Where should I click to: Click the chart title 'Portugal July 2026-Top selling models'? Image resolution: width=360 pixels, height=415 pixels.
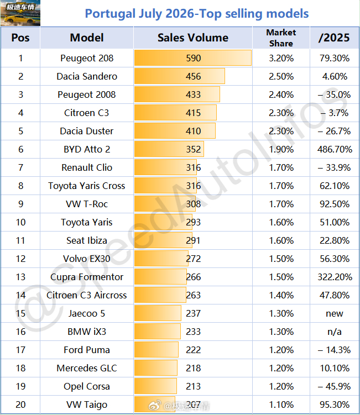196,13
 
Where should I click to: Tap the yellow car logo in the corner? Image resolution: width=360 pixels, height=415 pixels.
20,13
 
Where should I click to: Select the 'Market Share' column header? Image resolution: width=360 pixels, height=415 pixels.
281,38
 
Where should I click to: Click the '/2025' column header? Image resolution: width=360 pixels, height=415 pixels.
335,38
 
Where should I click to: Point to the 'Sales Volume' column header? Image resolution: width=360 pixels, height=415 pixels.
193,38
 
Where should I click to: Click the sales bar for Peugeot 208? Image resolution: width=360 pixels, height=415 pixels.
193,58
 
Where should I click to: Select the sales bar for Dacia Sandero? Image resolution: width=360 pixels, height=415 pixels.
180,76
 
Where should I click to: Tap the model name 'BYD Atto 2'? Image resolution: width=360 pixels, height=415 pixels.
87,149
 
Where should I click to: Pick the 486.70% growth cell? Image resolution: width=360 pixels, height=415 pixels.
335,149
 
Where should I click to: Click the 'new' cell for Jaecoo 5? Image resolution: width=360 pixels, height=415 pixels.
335,314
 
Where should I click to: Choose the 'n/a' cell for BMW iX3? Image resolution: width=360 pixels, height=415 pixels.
335,332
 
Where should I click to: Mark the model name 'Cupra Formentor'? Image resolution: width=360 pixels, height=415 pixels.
87,277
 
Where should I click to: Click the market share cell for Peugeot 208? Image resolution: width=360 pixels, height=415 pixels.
281,58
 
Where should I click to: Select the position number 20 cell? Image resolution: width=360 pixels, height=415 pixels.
20,405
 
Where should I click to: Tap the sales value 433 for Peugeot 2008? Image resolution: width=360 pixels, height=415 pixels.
194,94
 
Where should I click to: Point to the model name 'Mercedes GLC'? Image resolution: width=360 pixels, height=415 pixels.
87,368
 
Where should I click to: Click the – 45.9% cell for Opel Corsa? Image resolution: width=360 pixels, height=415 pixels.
335,386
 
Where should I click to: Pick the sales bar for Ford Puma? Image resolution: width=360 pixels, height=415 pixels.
156,350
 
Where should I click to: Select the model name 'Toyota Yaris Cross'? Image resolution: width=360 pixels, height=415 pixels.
87,186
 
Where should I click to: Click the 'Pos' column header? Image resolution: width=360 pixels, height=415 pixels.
20,38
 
